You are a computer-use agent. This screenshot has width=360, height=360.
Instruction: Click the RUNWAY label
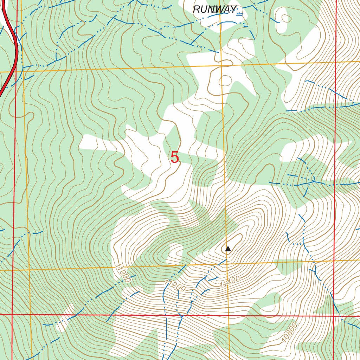tap(215, 9)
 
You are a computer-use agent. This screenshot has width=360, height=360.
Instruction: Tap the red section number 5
tap(175, 157)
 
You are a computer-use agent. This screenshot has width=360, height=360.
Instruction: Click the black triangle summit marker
tap(228, 249)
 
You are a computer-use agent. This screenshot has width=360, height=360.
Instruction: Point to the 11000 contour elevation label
tap(123, 274)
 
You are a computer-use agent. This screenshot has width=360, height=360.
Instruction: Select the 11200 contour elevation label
tap(175, 285)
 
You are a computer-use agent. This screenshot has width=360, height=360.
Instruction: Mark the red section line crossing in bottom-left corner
tap(12, 314)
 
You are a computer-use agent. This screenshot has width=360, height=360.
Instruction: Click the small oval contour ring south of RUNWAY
tap(225, 81)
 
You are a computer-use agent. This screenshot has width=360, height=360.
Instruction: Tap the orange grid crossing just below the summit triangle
tap(227, 263)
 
